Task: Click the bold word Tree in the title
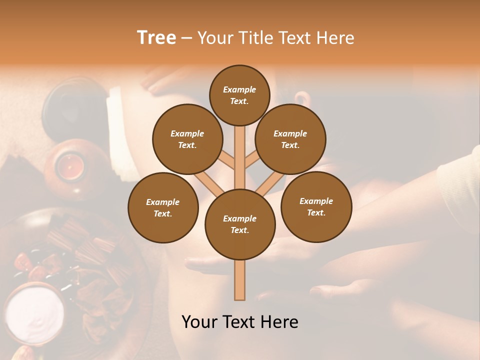(156, 37)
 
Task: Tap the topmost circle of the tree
(239, 95)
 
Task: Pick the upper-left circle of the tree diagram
(187, 139)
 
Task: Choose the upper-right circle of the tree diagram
(290, 139)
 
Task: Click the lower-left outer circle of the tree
(163, 207)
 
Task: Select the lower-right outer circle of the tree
(316, 206)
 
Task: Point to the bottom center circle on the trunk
(240, 224)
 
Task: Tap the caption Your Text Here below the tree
(240, 322)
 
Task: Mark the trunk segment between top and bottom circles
(240, 157)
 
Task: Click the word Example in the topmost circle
(239, 89)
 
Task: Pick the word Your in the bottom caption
(199, 322)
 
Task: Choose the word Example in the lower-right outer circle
(316, 201)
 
